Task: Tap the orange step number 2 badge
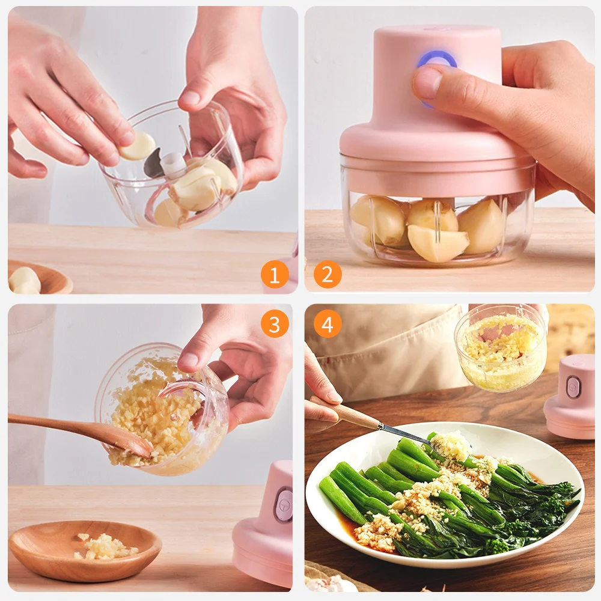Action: point(328,275)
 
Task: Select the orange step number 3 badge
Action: point(275,325)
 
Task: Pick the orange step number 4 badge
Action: point(328,325)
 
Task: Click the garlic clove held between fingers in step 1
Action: point(138,146)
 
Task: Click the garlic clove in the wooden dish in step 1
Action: point(25,281)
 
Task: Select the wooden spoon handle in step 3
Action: point(54,426)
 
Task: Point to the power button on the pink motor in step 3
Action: point(283,505)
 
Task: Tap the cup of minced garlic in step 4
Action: point(500,349)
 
